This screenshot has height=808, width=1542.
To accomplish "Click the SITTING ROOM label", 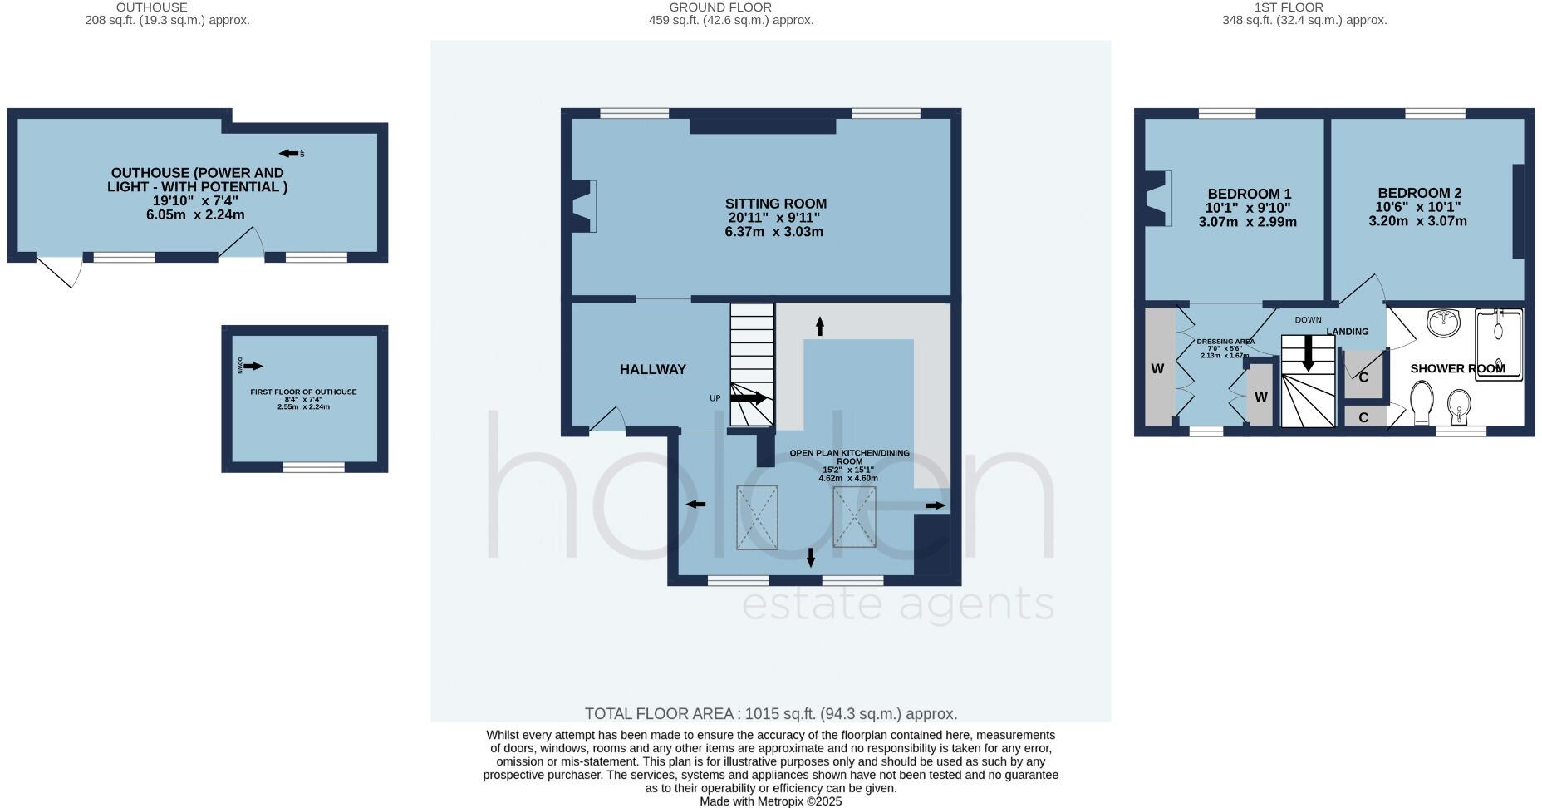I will coord(775,204).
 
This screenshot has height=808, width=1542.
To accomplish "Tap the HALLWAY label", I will coord(652,369).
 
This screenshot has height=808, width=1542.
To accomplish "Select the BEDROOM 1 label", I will coord(1249,194).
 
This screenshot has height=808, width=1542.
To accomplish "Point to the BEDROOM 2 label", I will coord(1419,192).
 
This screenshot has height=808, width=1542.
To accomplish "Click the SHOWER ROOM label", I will coord(1457,368).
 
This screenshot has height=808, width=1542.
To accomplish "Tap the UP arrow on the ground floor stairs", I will coord(749,398).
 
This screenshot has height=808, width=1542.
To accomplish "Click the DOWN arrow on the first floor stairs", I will coord(1308,353).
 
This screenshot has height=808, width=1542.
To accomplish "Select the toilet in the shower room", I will coord(1422,402).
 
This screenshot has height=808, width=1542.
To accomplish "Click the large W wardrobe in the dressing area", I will coord(1157,368).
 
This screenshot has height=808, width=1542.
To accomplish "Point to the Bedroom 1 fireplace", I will coord(1157,198).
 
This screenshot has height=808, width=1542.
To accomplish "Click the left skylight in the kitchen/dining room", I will coord(757,517).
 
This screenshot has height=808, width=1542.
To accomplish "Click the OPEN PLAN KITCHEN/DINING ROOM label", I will coord(849,457).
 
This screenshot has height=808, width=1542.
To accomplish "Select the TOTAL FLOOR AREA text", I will coord(770,713).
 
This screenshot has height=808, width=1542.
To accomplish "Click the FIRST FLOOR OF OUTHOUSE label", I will coord(303,392).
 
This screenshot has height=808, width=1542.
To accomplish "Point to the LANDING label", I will coord(1347,332).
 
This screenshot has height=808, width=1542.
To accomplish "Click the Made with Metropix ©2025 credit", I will coord(770,801).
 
